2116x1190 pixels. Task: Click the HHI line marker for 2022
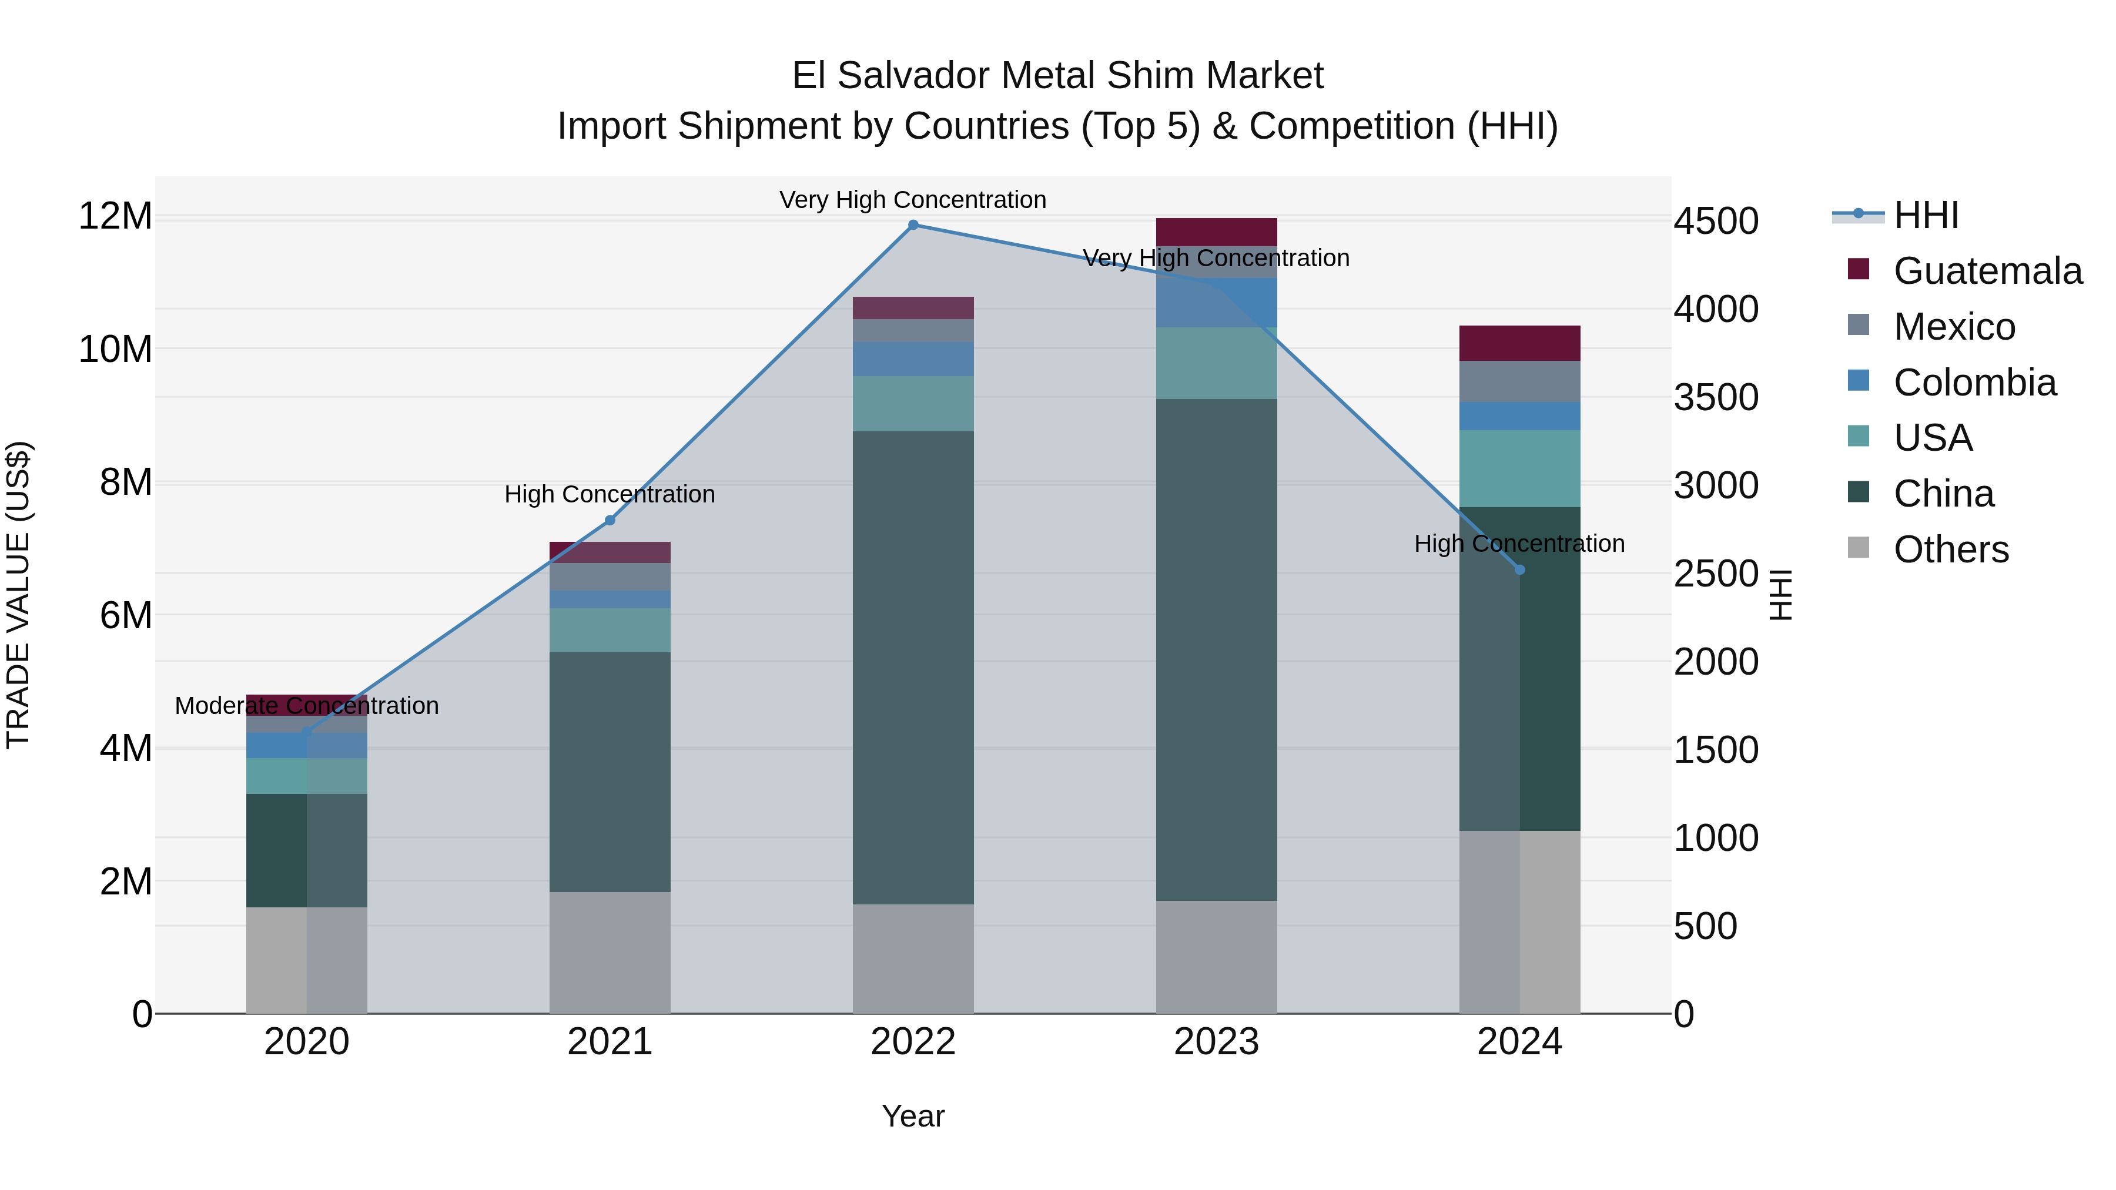913,225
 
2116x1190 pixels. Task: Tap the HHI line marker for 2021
610,520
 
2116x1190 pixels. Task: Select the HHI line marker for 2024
1519,570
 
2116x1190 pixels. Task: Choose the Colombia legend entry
1974,383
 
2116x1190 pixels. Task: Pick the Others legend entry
1950,549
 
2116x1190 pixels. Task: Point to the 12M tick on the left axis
115,217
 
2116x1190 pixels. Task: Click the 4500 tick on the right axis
1716,222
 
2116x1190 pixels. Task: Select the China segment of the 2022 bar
913,667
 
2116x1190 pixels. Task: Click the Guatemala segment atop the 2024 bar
1519,343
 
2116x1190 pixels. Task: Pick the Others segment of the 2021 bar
610,953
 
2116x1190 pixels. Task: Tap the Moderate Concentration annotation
306,706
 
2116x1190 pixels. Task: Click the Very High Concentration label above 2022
913,200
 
